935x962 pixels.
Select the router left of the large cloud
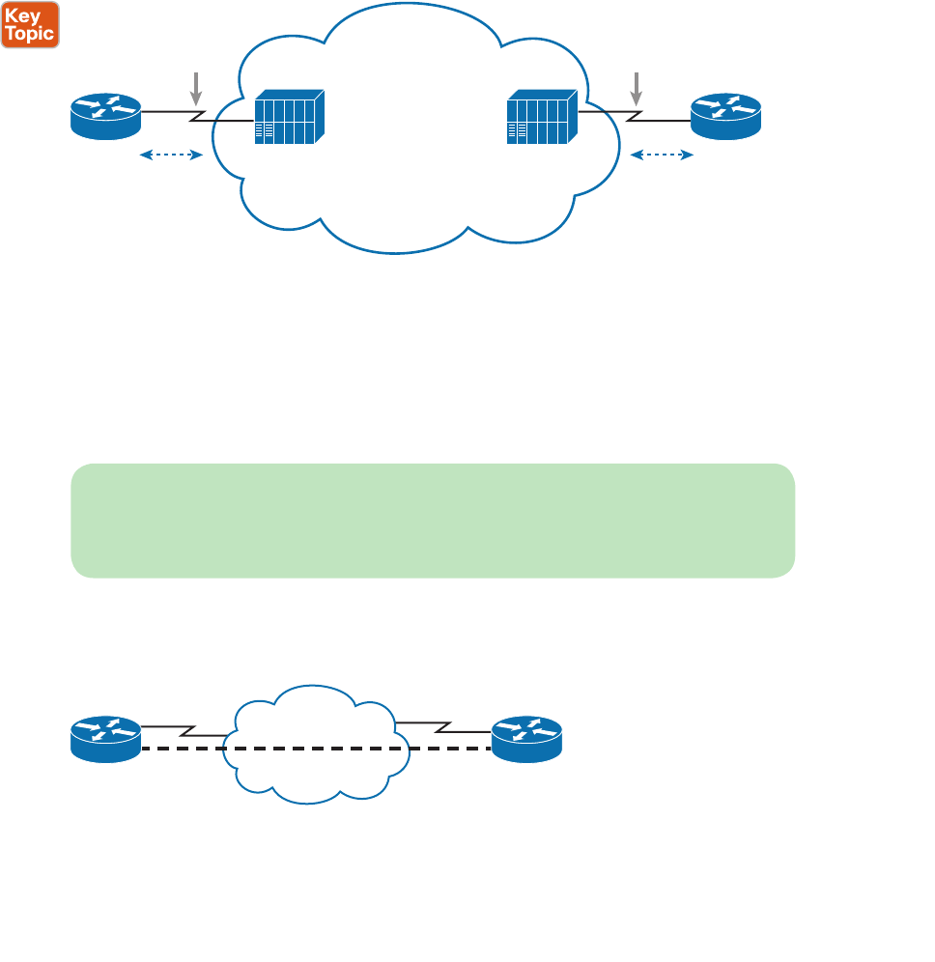[x=106, y=115]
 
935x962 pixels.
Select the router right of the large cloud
[x=725, y=115]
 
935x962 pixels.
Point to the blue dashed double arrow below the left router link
[x=171, y=155]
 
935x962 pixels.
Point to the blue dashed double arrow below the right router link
[x=662, y=155]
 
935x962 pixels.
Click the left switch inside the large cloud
[x=289, y=118]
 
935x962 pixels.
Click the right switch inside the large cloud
[x=542, y=118]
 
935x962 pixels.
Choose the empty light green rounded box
[x=433, y=521]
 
